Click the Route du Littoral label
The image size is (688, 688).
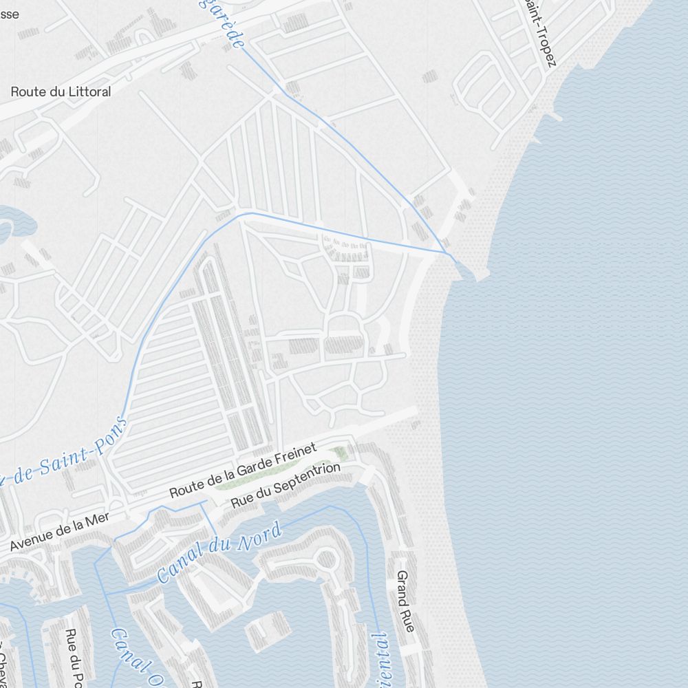(x=61, y=92)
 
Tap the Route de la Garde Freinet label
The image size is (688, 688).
(x=243, y=471)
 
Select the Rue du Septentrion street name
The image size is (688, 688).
(x=286, y=486)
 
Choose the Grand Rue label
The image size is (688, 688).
(x=405, y=602)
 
